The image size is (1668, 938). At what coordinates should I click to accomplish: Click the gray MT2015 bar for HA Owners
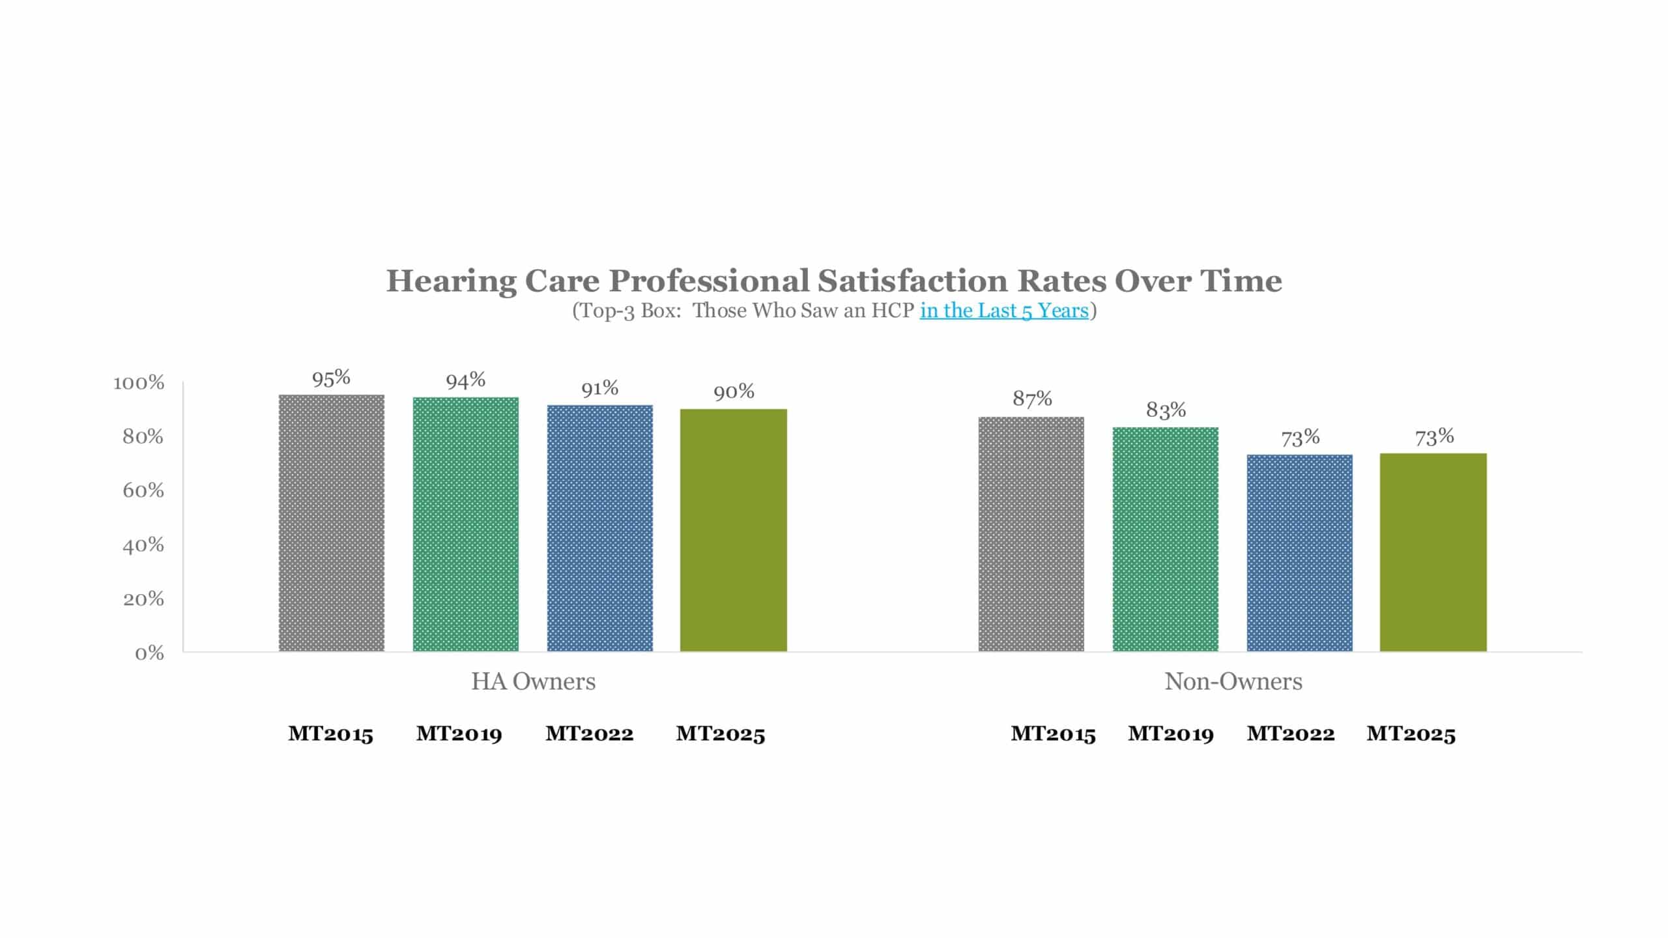click(x=332, y=523)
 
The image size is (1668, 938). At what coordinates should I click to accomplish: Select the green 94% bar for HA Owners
click(x=466, y=524)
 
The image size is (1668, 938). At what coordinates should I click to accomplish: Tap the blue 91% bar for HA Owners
click(x=600, y=528)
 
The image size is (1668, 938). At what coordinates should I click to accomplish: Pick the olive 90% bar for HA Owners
click(x=734, y=530)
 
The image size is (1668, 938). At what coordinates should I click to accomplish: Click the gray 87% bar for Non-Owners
click(x=1031, y=534)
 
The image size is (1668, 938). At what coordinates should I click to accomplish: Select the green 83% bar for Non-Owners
click(x=1166, y=539)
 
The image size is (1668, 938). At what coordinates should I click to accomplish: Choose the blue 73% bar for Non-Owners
click(x=1300, y=553)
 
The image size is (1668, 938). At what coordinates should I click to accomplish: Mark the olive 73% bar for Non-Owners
click(x=1433, y=552)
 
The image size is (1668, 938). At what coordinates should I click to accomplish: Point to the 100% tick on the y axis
click(x=139, y=382)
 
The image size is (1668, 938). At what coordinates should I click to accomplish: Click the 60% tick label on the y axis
click(x=143, y=490)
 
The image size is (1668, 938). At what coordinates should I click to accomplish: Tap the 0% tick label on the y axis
click(x=149, y=653)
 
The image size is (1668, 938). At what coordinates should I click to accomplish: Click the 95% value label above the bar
click(x=331, y=378)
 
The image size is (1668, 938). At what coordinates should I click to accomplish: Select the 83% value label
click(x=1166, y=410)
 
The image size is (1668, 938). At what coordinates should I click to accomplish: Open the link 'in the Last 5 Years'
click(x=1004, y=311)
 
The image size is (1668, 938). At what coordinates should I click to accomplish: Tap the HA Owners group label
click(x=534, y=681)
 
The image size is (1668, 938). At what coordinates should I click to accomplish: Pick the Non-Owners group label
click(x=1233, y=681)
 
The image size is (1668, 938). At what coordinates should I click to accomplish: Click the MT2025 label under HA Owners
click(x=721, y=734)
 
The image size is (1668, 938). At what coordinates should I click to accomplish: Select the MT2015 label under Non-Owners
click(x=1054, y=734)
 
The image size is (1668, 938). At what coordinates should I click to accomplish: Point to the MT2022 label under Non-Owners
click(x=1291, y=734)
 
